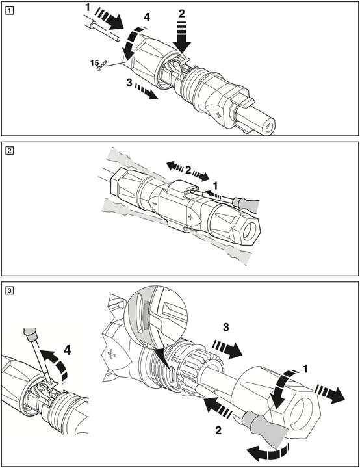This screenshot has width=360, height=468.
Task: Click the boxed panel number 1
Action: pyautogui.click(x=10, y=11)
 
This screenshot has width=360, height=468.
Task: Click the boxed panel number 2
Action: pyautogui.click(x=10, y=151)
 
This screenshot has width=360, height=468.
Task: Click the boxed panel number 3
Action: pyautogui.click(x=10, y=290)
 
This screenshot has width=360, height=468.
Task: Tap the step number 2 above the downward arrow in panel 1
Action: pyautogui.click(x=181, y=14)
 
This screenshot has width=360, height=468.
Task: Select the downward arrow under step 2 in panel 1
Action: pyautogui.click(x=181, y=37)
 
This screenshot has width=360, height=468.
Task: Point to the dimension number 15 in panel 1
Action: pyautogui.click(x=94, y=63)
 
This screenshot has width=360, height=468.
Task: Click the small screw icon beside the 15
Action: pyautogui.click(x=102, y=66)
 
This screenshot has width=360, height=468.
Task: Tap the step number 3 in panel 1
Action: pyautogui.click(x=129, y=83)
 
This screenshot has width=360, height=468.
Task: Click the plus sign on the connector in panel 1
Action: pyautogui.click(x=220, y=114)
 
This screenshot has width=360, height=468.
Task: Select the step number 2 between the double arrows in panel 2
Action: pyautogui.click(x=188, y=170)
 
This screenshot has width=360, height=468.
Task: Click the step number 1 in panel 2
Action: pyautogui.click(x=215, y=186)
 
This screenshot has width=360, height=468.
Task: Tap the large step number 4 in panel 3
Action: pyautogui.click(x=68, y=350)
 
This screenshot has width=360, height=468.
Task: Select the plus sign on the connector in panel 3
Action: pyautogui.click(x=112, y=355)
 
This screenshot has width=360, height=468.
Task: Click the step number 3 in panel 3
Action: pyautogui.click(x=226, y=327)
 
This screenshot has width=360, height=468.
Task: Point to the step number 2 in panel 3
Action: pyautogui.click(x=218, y=430)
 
